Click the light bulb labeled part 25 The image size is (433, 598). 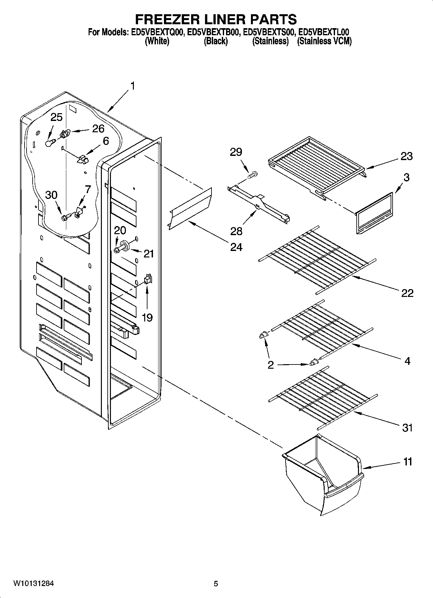49,142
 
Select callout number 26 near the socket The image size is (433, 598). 98,129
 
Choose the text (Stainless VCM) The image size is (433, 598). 324,41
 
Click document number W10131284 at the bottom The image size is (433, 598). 34,584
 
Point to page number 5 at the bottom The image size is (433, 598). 216,584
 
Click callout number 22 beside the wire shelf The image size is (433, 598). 407,293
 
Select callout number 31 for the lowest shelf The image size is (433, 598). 407,428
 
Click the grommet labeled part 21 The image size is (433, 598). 125,245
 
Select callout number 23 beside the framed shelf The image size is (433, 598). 406,156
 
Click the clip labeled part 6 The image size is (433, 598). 83,158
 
